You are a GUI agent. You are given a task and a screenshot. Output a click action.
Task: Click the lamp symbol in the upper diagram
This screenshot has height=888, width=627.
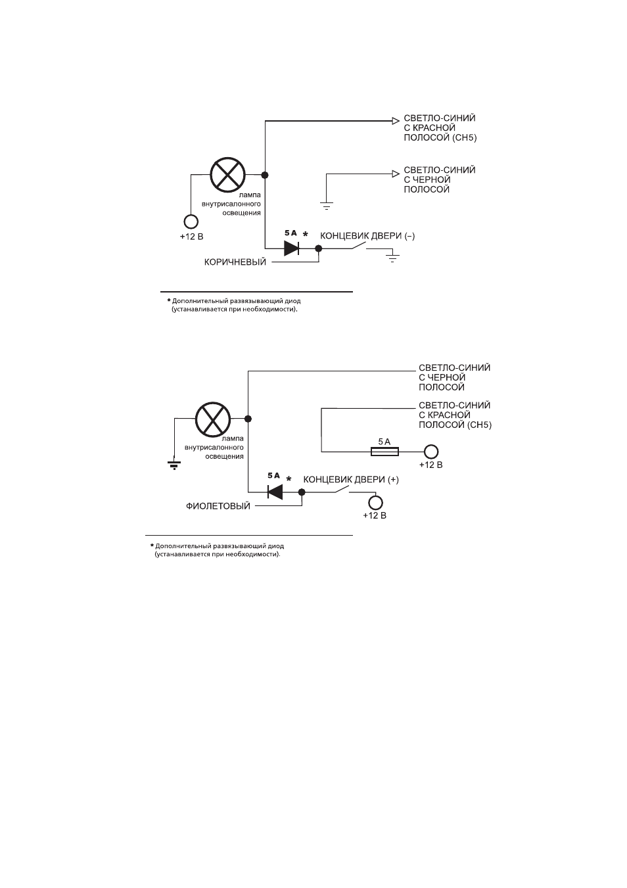coord(227,175)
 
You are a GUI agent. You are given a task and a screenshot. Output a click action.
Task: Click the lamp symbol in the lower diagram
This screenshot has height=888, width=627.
coord(213,419)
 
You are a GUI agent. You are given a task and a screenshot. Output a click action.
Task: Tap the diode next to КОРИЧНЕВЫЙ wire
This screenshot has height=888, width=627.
coord(291,248)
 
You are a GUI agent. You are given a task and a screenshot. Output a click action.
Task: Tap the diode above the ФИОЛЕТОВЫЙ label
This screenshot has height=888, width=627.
coord(275,492)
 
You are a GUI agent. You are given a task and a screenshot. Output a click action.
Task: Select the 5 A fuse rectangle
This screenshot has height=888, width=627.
coord(384,452)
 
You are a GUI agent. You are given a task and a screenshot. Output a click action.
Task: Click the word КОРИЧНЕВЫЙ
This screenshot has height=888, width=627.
coord(235,262)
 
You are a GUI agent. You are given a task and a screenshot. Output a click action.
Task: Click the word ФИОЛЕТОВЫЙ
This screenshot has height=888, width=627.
coord(218,506)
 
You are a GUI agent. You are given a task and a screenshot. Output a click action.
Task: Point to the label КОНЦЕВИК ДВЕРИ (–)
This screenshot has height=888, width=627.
coord(367,236)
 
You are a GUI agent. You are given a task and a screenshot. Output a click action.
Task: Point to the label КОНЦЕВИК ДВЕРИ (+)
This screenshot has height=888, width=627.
coord(351,479)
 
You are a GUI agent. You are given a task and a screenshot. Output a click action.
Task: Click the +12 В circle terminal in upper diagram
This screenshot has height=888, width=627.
coord(191,222)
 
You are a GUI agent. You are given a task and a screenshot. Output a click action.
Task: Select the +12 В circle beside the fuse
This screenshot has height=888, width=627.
coord(430,452)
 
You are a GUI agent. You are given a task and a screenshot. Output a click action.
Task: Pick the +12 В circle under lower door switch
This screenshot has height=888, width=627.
coord(375,503)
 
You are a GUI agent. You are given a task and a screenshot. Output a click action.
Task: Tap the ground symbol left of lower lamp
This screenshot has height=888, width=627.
coord(174,465)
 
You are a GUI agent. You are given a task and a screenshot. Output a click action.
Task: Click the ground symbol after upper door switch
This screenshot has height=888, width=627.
coord(392,258)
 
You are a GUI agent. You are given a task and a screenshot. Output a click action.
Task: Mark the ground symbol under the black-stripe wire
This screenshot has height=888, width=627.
coord(326,206)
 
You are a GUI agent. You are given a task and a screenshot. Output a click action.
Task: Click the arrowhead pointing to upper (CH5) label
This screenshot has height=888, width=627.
coord(396,121)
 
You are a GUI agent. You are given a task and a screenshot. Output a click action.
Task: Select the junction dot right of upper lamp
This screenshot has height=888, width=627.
coord(265,175)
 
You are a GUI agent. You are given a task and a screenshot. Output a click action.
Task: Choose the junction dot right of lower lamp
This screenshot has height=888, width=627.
coord(248,419)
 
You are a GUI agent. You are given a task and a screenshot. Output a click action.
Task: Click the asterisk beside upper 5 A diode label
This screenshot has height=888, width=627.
coord(305,233)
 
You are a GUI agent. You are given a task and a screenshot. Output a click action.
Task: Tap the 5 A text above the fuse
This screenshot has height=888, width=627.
coord(384,442)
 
